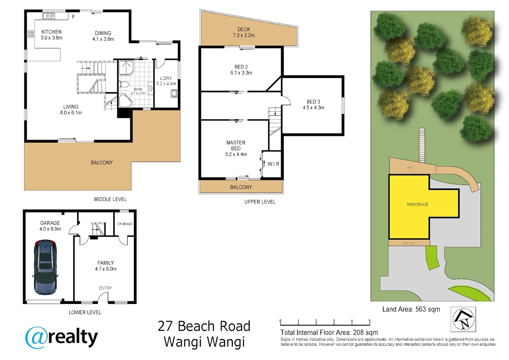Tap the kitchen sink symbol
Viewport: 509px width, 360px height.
49,16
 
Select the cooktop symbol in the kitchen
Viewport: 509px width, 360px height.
31,34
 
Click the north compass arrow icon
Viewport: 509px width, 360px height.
463,319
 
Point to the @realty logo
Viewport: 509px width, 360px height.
61,337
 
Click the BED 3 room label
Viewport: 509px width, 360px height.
313,104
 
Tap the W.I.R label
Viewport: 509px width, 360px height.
273,164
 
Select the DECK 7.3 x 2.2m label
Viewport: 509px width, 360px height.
244,32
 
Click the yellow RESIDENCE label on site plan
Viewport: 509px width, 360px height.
417,204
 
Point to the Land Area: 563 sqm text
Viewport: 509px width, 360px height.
411,309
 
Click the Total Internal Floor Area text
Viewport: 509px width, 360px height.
329,332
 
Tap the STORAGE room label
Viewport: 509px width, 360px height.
125,224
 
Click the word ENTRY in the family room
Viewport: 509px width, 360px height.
105,288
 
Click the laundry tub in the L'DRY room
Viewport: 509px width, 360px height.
174,94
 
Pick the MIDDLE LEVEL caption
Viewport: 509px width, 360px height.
110,199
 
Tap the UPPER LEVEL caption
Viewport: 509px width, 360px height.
260,202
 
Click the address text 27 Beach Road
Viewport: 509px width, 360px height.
204,326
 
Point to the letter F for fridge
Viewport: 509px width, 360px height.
73,17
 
